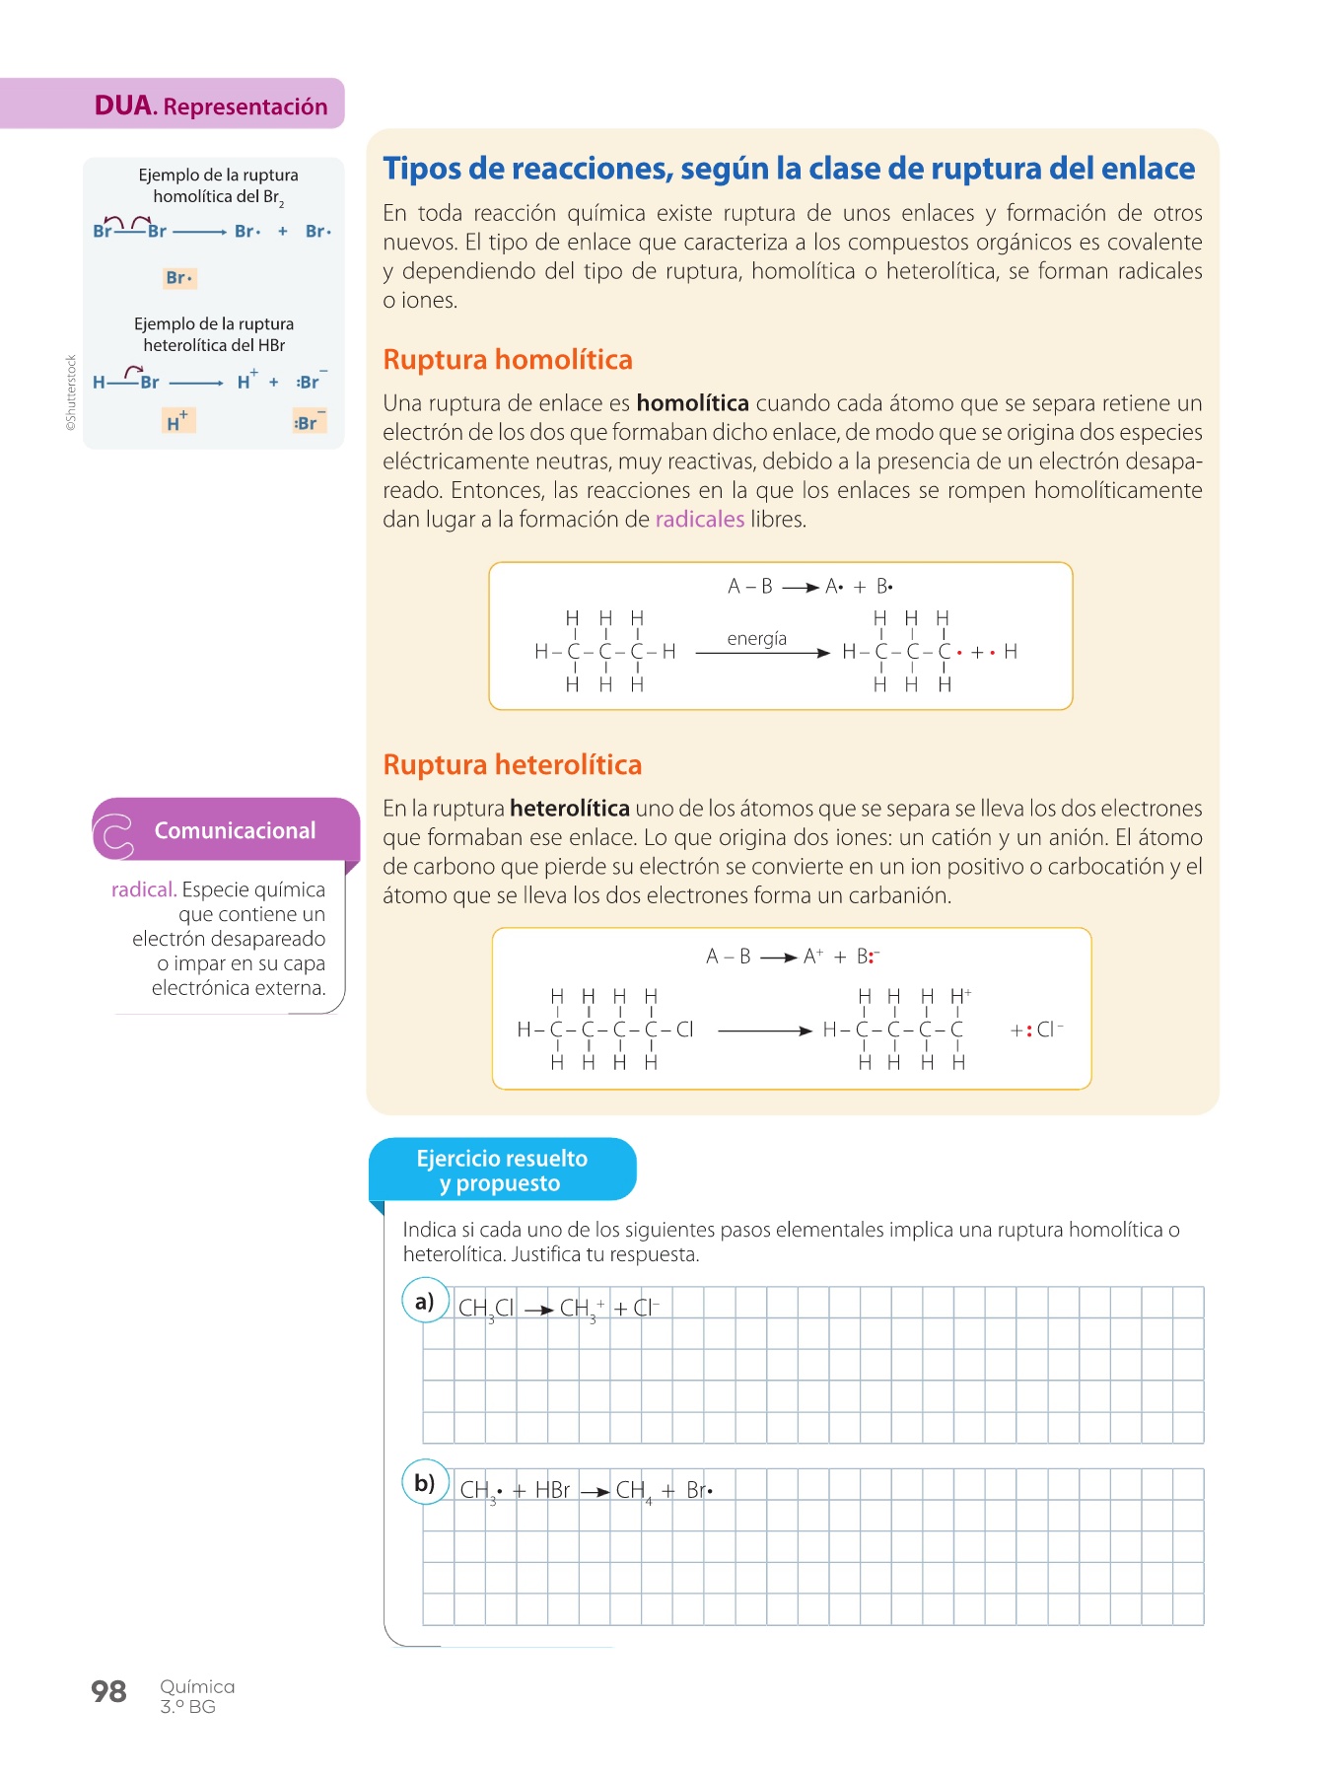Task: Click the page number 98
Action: pos(108,1691)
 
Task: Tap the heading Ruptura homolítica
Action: pos(507,359)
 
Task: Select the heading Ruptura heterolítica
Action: pos(512,764)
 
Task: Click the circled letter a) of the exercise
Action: pos(425,1301)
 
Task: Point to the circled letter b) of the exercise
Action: pos(425,1482)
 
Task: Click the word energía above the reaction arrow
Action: pos(756,638)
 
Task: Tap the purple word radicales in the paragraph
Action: pos(699,519)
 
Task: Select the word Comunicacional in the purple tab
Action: pos(235,830)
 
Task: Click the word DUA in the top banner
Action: pos(123,106)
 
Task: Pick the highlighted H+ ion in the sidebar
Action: pos(178,421)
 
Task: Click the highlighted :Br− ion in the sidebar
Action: pos(309,421)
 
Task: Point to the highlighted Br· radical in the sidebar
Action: pos(179,278)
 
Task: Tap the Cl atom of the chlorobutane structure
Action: pos(685,1029)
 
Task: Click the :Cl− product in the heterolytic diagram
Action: pos(1045,1029)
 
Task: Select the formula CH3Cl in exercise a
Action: pos(486,1309)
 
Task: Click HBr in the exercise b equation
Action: pos(552,1490)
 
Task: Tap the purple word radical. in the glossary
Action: pos(144,889)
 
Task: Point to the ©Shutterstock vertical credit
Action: pos(71,392)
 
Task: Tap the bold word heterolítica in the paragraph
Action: pos(569,809)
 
